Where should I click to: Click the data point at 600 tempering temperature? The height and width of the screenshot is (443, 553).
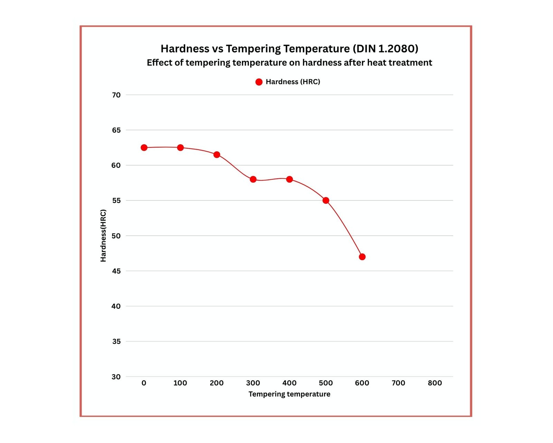click(362, 257)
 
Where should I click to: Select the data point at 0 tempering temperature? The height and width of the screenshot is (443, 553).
click(144, 148)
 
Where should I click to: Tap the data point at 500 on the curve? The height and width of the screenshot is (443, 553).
click(326, 200)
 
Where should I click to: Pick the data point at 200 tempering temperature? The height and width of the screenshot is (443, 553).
click(217, 155)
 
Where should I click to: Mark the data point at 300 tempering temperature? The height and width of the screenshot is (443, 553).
click(253, 179)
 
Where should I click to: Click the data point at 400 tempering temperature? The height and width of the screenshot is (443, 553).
click(289, 179)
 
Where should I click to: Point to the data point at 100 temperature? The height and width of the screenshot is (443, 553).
click(180, 148)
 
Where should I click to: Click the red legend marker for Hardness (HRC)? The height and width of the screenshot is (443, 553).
click(259, 82)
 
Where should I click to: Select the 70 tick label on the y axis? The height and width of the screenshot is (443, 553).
click(116, 95)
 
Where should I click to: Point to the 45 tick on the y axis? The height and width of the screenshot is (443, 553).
click(116, 271)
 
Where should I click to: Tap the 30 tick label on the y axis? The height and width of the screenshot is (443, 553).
click(116, 377)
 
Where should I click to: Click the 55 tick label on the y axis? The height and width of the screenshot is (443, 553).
click(116, 200)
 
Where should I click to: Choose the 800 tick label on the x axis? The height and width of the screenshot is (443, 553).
click(434, 383)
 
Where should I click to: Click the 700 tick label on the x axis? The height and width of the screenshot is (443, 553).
click(398, 383)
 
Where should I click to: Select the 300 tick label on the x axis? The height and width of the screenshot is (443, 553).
click(253, 383)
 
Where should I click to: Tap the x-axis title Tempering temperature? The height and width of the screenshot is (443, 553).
click(289, 394)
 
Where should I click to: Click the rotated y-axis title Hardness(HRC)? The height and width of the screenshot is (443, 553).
click(103, 236)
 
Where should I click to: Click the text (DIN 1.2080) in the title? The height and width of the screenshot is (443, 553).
click(385, 49)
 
